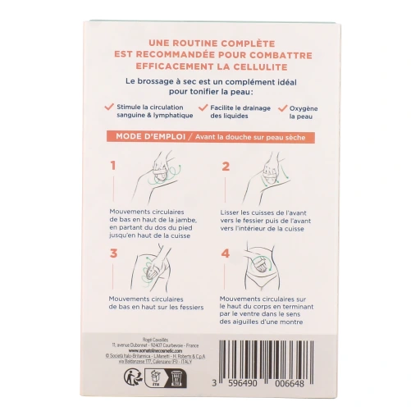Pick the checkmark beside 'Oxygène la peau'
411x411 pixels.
click(283, 106)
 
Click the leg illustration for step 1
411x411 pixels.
click(167, 177)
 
